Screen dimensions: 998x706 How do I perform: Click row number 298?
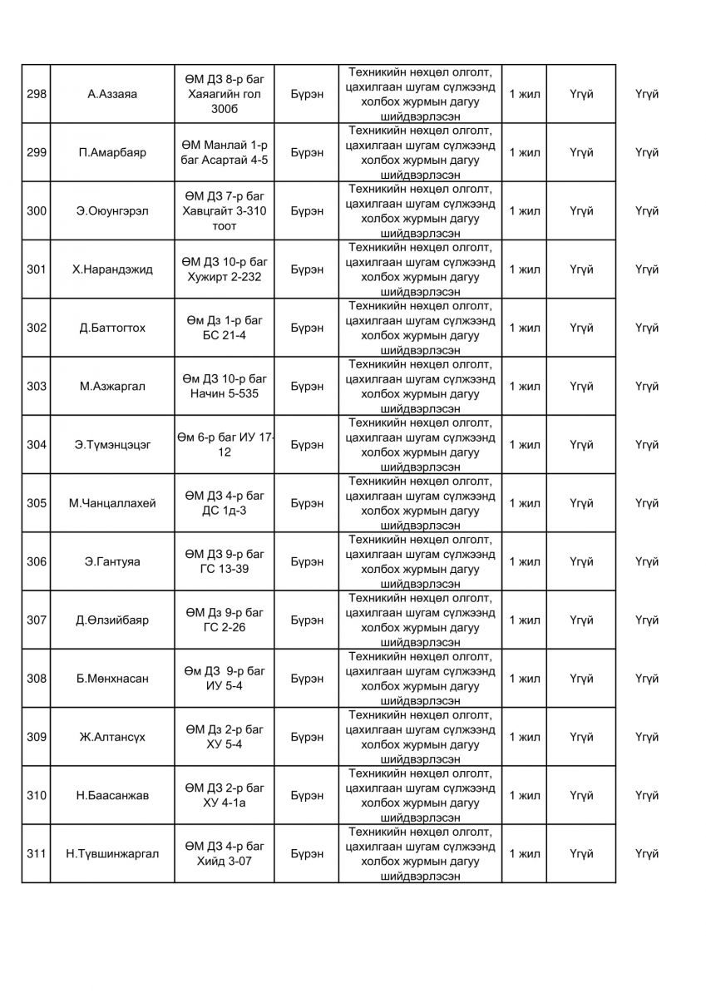36,94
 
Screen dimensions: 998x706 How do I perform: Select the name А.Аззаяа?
112,94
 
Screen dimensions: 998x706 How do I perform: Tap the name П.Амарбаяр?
112,152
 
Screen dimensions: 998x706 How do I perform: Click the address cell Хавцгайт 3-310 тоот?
225,211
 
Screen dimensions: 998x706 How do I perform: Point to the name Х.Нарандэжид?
112,269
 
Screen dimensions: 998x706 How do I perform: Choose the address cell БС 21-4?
225,328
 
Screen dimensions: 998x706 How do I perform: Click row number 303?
36,386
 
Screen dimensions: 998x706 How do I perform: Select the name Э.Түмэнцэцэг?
112,445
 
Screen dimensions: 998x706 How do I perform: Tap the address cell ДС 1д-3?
225,503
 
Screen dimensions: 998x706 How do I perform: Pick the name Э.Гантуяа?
112,561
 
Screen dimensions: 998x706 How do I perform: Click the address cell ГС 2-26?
225,620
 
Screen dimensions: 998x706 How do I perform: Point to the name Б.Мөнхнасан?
112,679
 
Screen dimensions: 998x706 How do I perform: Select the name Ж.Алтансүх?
112,737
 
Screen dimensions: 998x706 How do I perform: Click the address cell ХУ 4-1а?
225,795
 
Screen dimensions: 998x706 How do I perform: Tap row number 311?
36,853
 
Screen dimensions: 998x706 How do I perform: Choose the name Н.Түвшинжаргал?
112,853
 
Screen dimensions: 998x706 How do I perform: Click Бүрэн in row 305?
308,503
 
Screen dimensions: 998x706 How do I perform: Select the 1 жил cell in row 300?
524,211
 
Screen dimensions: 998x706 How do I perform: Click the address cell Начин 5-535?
225,386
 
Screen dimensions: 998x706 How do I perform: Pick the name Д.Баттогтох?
112,328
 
